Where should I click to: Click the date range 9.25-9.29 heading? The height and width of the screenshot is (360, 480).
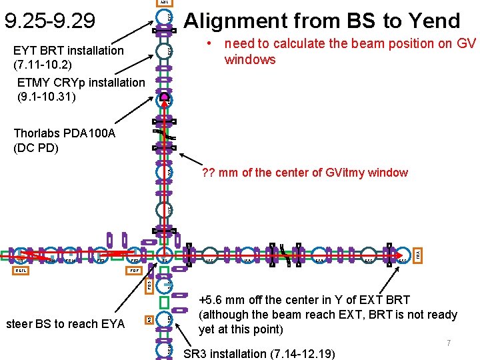tap(49, 21)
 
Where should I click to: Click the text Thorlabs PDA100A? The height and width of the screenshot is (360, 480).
tap(65, 133)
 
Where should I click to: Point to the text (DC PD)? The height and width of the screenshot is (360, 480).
tap(36, 147)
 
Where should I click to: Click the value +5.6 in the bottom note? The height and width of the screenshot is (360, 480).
tap(214, 300)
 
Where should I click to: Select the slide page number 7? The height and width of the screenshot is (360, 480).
tap(449, 343)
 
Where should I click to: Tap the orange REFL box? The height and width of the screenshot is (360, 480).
tap(23, 271)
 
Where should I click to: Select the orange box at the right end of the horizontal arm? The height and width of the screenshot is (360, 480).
tap(417, 255)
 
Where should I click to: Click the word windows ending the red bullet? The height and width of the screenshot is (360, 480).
tap(250, 59)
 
